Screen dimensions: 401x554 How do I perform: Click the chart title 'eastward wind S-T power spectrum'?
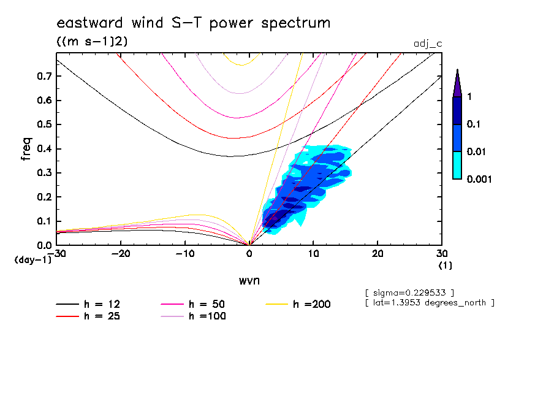click(193, 23)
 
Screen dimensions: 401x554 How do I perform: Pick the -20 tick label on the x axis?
click(121, 254)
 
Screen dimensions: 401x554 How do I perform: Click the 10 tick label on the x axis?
click(313, 254)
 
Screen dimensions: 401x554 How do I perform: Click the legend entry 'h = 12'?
click(92, 304)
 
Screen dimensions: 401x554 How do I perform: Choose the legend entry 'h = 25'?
click(92, 316)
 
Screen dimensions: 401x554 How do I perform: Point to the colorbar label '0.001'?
click(480, 179)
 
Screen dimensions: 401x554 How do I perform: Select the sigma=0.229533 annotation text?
click(409, 291)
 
